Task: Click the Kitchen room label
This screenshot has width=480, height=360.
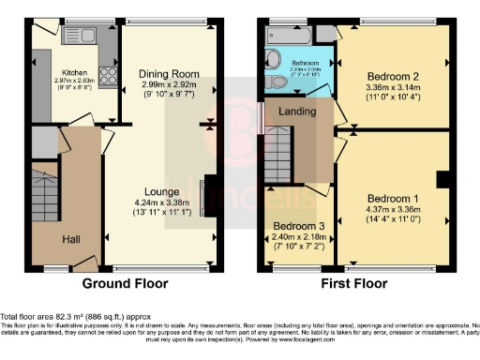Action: (74, 72)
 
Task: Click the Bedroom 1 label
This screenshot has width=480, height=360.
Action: (392, 200)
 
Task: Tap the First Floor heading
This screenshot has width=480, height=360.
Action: (357, 283)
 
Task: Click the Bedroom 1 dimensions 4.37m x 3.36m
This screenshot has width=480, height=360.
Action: (392, 212)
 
